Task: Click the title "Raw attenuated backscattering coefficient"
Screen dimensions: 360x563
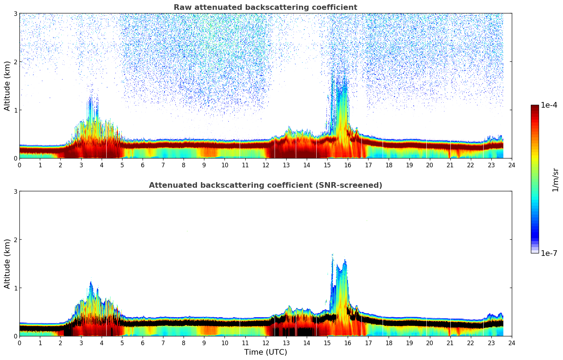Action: pos(265,7)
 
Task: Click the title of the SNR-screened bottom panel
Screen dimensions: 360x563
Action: pos(265,185)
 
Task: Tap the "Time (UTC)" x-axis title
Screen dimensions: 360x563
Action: pos(265,352)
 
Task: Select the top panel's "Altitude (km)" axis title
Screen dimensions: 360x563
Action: pos(7,86)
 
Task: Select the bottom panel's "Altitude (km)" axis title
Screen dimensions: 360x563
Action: pos(7,264)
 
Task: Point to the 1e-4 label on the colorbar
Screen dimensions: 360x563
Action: pos(549,105)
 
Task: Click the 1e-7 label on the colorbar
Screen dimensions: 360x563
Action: pos(549,253)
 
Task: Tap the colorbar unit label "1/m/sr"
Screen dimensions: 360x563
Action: pos(555,179)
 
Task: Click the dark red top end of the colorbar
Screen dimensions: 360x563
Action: pos(535,107)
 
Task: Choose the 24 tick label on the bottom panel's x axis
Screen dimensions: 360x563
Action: pos(511,343)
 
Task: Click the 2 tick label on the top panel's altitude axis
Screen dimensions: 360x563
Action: pos(15,62)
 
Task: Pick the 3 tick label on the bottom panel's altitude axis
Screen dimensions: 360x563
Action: pos(15,191)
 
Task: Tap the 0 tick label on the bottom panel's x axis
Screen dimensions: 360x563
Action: pos(19,343)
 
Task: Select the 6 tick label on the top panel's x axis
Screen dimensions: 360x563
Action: pos(143,165)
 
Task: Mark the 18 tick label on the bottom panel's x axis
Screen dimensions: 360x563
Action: pos(389,343)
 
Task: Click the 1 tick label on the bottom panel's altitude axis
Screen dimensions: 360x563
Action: pos(15,288)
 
